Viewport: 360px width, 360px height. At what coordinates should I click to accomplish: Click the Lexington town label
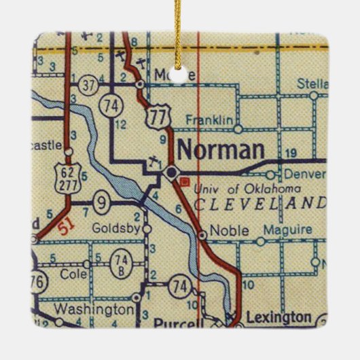(x=280, y=317)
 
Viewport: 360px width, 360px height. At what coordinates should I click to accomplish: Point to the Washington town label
(x=94, y=308)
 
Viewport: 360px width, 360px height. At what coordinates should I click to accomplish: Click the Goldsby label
(x=118, y=229)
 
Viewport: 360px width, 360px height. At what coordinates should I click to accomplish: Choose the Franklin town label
(x=209, y=120)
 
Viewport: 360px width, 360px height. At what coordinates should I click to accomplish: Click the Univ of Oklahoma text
(x=247, y=188)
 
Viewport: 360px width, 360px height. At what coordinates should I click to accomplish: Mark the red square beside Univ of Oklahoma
(x=184, y=181)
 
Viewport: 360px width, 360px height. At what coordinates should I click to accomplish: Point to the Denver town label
(x=306, y=174)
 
